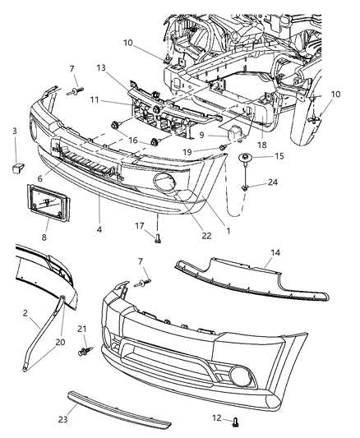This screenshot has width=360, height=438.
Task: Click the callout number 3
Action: pos(14,131)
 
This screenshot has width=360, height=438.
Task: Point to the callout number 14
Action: pos(274,256)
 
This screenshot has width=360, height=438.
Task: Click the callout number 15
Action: pos(278,156)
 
